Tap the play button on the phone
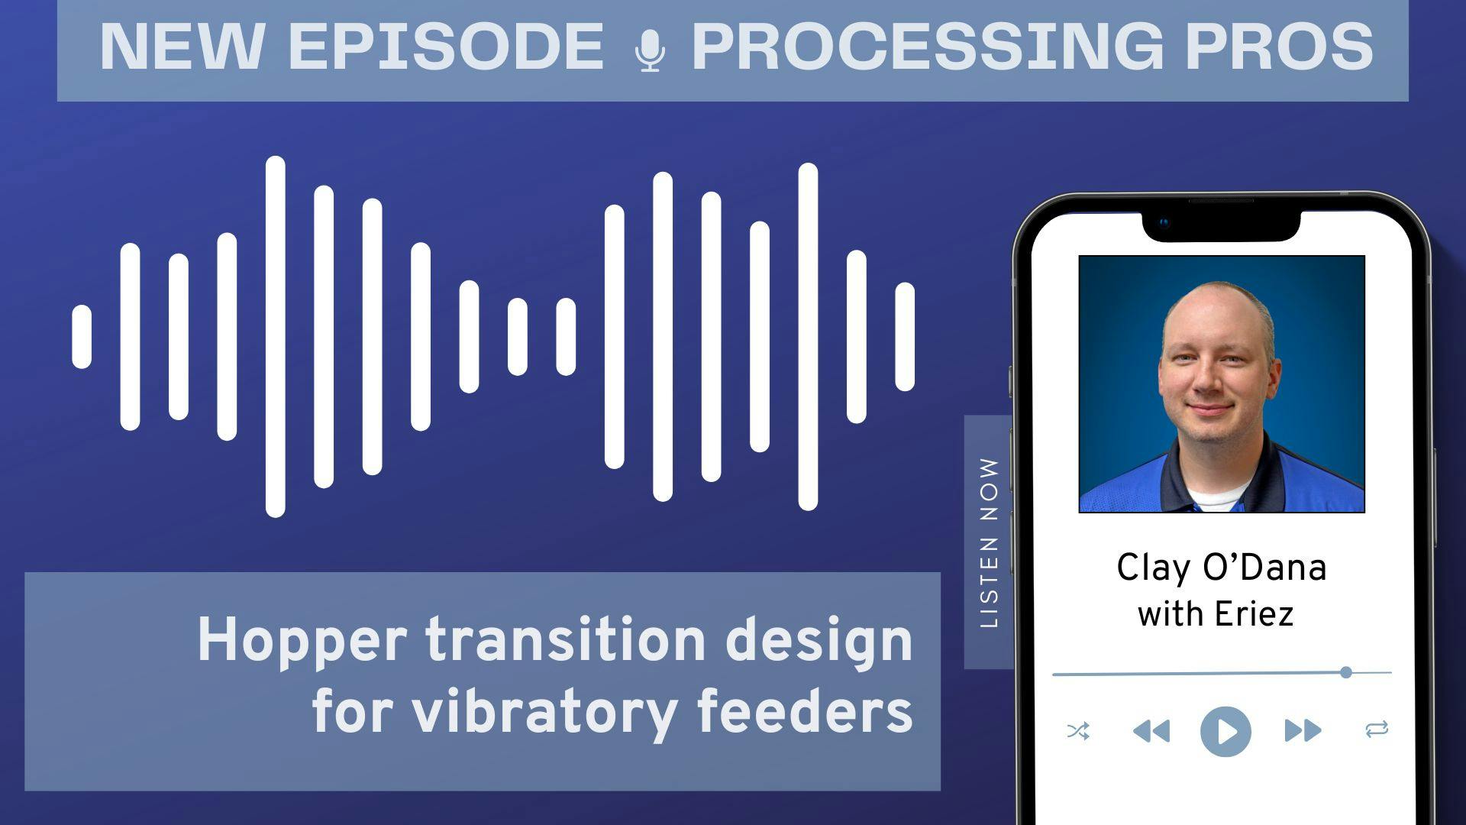(x=1225, y=731)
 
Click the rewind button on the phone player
(x=1151, y=731)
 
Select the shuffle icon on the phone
(x=1078, y=731)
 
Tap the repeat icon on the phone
(x=1377, y=730)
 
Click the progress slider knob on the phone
(x=1346, y=672)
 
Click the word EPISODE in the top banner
(x=446, y=47)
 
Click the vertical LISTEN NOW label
(x=989, y=542)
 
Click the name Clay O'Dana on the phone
(x=1222, y=568)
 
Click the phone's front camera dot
(x=1164, y=224)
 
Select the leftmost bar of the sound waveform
(x=82, y=337)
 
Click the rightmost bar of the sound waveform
(x=905, y=337)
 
